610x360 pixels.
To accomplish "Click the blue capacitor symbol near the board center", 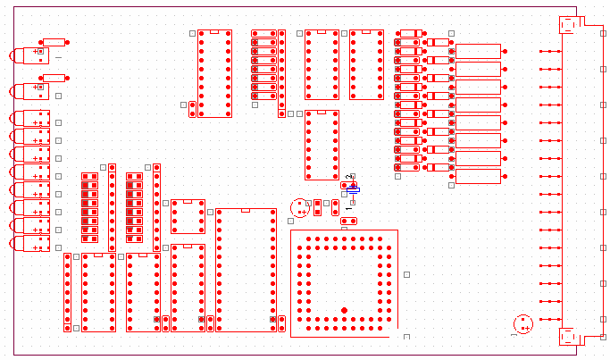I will click(353, 188).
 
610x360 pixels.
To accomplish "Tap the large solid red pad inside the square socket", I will click(344, 310).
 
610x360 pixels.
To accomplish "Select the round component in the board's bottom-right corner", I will click(523, 323).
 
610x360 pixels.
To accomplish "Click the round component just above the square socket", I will click(300, 207).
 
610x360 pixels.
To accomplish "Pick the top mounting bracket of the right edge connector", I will click(569, 24).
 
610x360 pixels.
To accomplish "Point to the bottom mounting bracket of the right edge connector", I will click(569, 336).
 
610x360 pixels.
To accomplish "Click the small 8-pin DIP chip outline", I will click(188, 216).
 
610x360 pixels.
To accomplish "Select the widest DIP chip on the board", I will click(246, 270).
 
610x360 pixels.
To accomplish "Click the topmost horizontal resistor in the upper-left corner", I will click(54, 42).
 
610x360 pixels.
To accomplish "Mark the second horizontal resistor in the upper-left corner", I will click(54, 78).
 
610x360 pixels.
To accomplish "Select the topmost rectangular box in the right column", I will click(478, 51).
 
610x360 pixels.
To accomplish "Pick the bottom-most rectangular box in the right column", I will click(478, 176).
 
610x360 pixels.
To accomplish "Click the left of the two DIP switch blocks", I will click(89, 207).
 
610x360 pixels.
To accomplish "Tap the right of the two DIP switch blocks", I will click(134, 207).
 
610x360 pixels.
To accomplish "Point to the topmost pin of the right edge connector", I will click(550, 51).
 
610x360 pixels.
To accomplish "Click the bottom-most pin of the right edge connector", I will click(550, 319).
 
